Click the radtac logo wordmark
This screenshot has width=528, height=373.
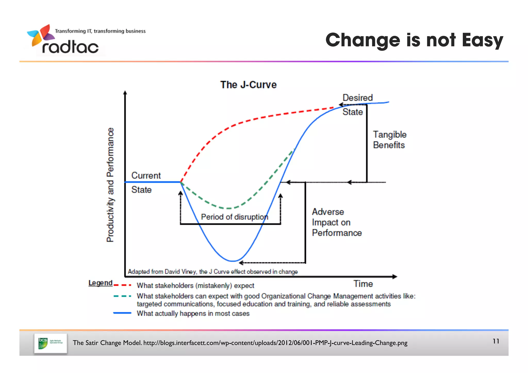point(70,47)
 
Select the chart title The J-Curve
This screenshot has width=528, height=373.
point(248,85)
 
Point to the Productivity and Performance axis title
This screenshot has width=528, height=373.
point(110,185)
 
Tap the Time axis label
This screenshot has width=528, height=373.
point(363,284)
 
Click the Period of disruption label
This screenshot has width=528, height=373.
point(234,217)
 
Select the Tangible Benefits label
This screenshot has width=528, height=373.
point(390,140)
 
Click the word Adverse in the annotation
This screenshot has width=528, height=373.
point(328,212)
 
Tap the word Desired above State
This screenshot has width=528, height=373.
point(358,98)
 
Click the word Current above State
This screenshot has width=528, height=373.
point(146,176)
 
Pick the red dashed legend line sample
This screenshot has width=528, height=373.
point(122,285)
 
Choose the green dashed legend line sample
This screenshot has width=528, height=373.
point(122,296)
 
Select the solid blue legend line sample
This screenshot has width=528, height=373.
point(122,313)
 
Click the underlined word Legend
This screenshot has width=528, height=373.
point(100,283)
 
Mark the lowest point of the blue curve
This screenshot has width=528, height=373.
point(233,261)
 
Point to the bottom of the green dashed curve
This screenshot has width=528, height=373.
point(229,208)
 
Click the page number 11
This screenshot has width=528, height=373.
point(496,341)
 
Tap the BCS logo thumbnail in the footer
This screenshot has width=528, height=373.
point(51,343)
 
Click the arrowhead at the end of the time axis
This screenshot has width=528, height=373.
point(395,277)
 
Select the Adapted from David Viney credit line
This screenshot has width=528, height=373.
point(213,272)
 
